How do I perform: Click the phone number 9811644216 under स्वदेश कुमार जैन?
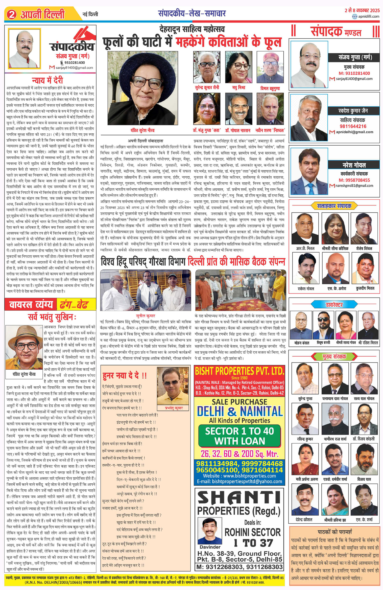[x=353, y=126]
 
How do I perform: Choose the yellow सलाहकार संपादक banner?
[x=334, y=206]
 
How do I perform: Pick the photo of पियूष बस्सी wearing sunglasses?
[x=323, y=325]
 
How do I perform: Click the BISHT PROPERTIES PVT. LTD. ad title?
[x=240, y=371]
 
